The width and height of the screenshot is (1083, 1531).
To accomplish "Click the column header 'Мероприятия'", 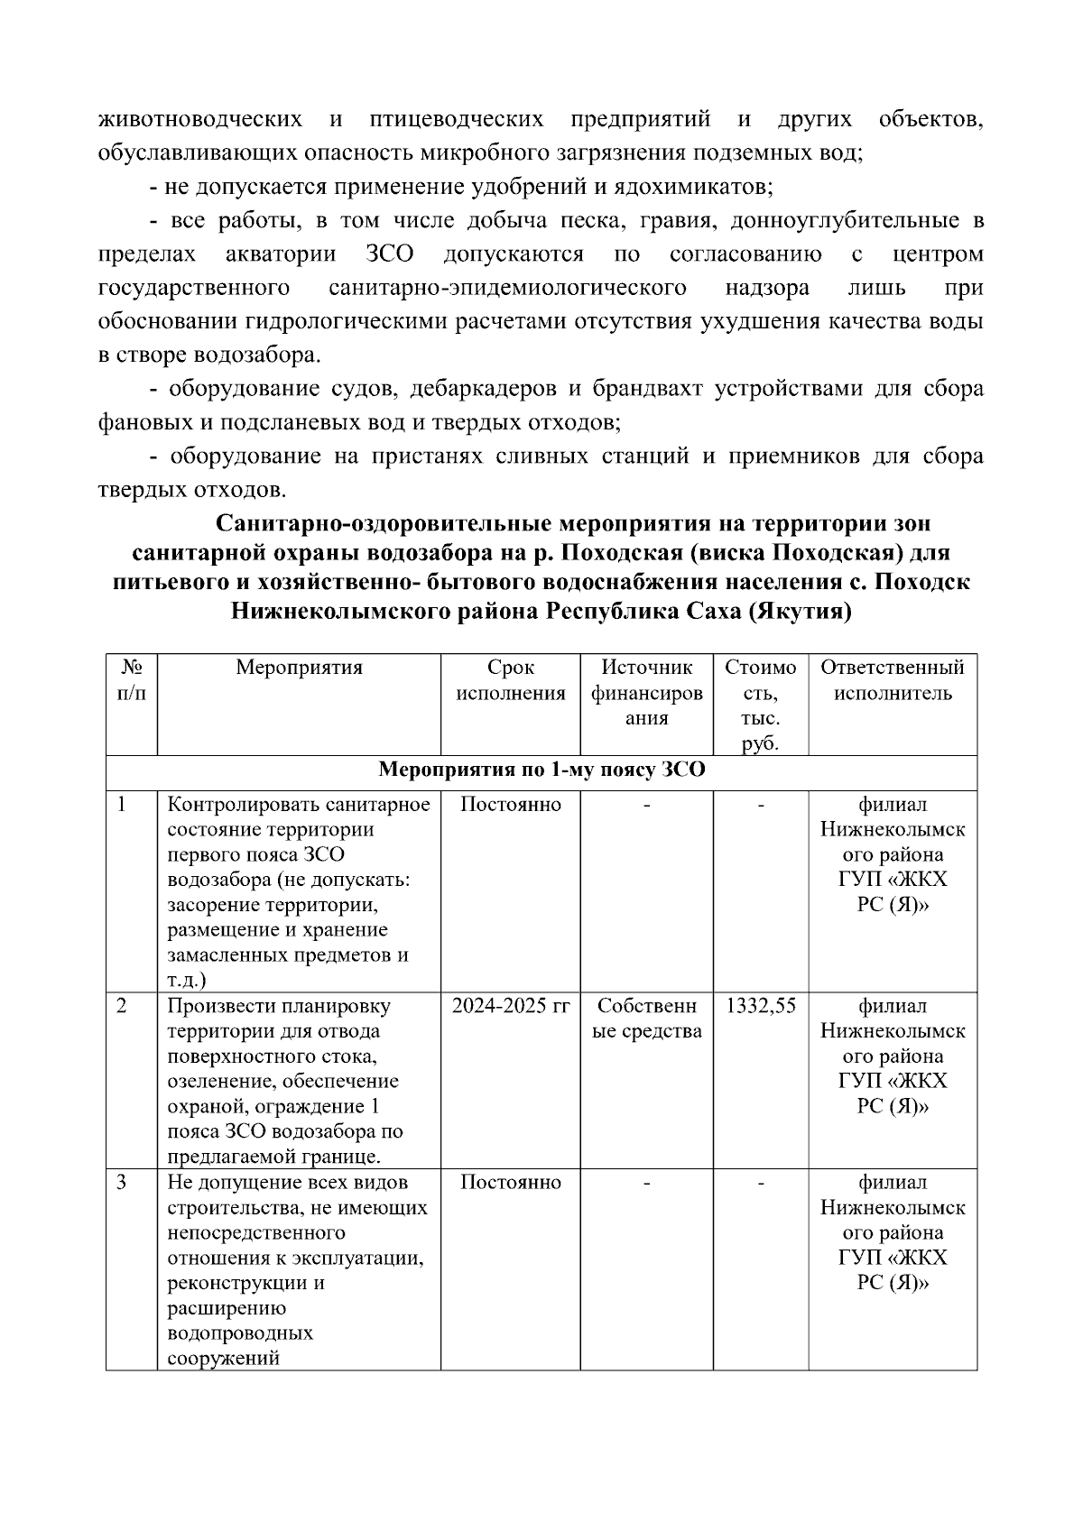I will coord(299,668).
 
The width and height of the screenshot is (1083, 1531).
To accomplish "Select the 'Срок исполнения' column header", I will coord(510,680).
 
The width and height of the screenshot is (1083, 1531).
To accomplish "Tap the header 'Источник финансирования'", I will coord(646,692).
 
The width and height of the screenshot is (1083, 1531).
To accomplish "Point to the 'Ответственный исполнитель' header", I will coord(892,680).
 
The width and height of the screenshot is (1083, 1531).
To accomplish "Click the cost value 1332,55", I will coord(760,1006).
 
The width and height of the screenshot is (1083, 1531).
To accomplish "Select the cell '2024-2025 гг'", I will coord(510,1006).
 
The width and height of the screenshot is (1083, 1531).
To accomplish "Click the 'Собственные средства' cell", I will coord(646,1019).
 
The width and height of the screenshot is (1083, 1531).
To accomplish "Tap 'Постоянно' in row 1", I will coord(510,804).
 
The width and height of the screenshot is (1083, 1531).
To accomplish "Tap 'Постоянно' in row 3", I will coord(510,1182).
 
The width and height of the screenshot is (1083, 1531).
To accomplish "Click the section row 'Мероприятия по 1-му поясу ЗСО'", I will coord(541,770).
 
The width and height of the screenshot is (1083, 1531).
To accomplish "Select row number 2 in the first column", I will coord(122,1006).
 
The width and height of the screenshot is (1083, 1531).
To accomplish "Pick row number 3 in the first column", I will coord(122,1182).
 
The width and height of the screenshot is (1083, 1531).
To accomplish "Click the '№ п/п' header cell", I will coord(132,680).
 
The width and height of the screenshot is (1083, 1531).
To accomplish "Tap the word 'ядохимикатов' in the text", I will coord(692,187).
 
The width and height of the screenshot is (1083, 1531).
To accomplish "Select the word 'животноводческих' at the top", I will coord(199,119).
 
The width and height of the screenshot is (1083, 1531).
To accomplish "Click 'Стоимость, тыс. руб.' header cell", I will coord(760,706).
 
